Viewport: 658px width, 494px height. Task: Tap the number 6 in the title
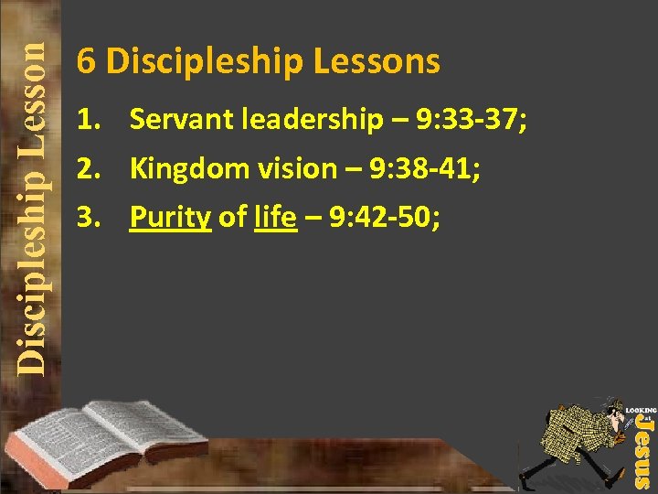coord(86,61)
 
